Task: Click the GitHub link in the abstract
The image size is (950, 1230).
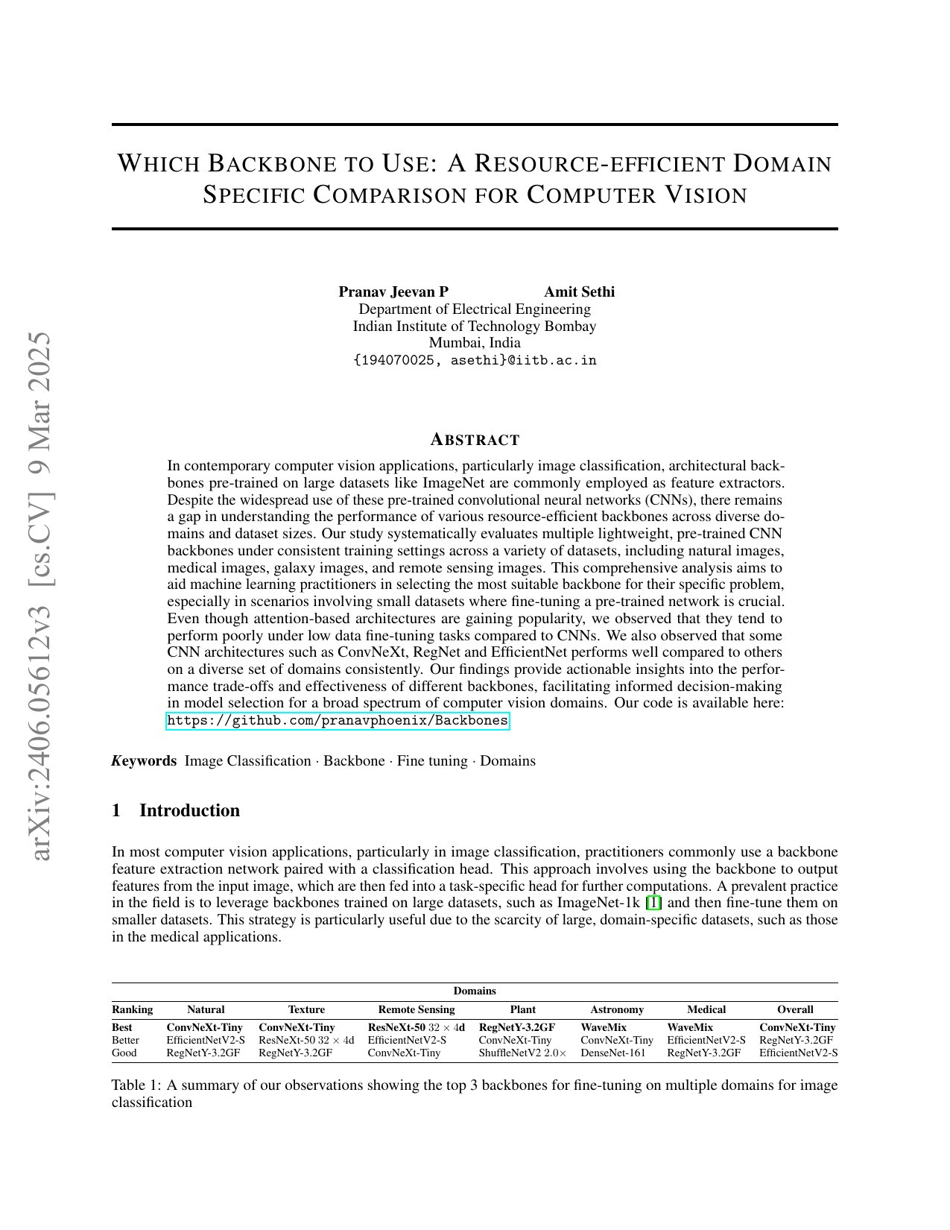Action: pyautogui.click(x=338, y=721)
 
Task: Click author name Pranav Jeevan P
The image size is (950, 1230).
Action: pyautogui.click(x=393, y=291)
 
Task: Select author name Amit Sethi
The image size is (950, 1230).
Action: pyautogui.click(x=579, y=291)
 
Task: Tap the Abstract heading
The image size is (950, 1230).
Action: pyautogui.click(x=475, y=440)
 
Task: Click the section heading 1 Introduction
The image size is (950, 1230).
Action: pyautogui.click(x=176, y=810)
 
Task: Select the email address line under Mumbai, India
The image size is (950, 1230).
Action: pyautogui.click(x=475, y=361)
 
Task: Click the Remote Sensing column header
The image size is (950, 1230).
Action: pyautogui.click(x=417, y=1009)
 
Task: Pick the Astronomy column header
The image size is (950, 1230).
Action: pyautogui.click(x=617, y=1009)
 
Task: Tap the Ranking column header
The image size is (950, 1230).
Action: pyautogui.click(x=132, y=1009)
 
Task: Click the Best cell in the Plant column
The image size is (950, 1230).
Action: pyautogui.click(x=516, y=1027)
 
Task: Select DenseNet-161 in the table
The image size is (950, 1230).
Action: pyautogui.click(x=613, y=1053)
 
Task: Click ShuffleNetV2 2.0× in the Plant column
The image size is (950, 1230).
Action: pyautogui.click(x=522, y=1053)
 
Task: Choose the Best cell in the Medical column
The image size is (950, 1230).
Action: pyautogui.click(x=690, y=1027)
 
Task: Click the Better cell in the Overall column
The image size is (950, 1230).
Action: pyautogui.click(x=796, y=1040)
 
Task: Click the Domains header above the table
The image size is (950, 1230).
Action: pyautogui.click(x=475, y=991)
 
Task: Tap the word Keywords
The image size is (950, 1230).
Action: pyautogui.click(x=144, y=761)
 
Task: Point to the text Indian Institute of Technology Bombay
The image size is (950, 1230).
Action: pyautogui.click(x=475, y=326)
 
